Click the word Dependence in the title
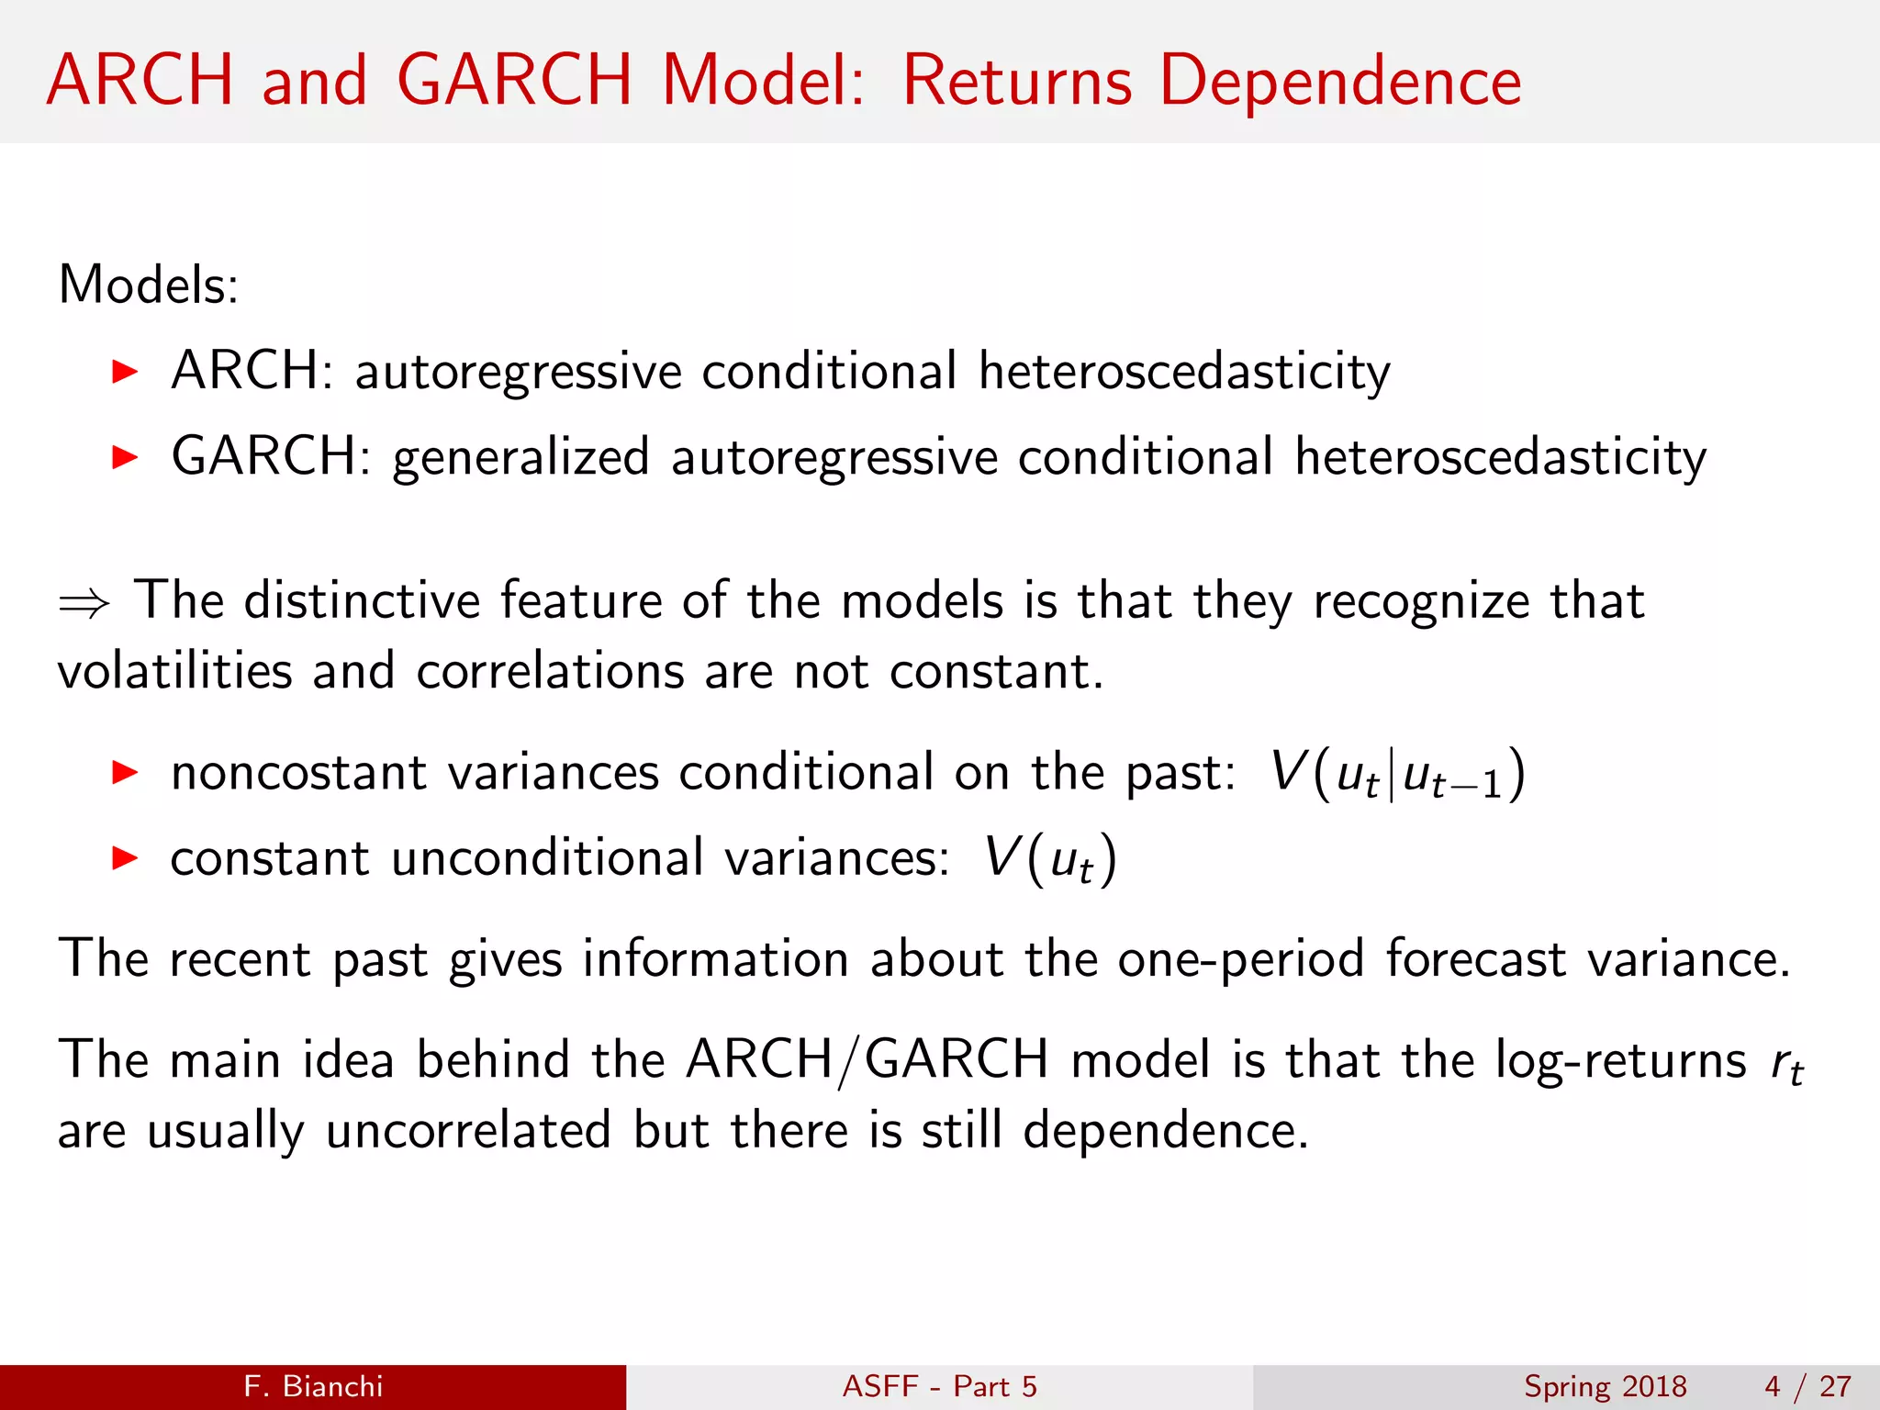coord(1340,81)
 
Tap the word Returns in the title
coord(1017,81)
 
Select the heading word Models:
coord(149,285)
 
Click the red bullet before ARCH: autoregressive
coord(124,372)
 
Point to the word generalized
coord(521,457)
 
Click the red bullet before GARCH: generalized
coord(124,457)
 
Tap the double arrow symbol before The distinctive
coord(84,604)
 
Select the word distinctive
coord(362,600)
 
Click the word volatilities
coord(174,671)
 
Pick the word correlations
coord(550,671)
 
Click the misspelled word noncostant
coord(299,772)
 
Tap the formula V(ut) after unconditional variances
coord(1050,859)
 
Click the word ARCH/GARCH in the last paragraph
coord(867,1060)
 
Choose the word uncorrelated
coord(468,1130)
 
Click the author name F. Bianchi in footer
coord(313,1386)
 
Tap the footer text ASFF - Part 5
coord(940,1386)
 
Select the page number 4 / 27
coord(1807,1386)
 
